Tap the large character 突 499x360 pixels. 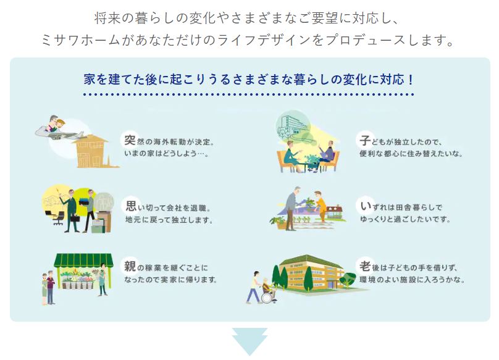click(130, 140)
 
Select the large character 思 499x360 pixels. click(131, 206)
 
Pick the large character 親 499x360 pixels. click(130, 266)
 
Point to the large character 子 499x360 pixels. click(365, 140)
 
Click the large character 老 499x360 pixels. click(365, 266)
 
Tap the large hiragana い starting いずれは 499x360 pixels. click(366, 206)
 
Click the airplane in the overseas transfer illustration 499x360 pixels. click(61, 132)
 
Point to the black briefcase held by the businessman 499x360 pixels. click(75, 219)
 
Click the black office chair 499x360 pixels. click(57, 218)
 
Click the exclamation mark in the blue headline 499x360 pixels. click(410, 79)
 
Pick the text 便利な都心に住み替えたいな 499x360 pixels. click(411, 153)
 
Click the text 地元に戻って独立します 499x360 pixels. click(169, 220)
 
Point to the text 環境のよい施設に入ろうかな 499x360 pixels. click(412, 280)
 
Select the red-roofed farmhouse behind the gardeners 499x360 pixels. click(333, 212)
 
